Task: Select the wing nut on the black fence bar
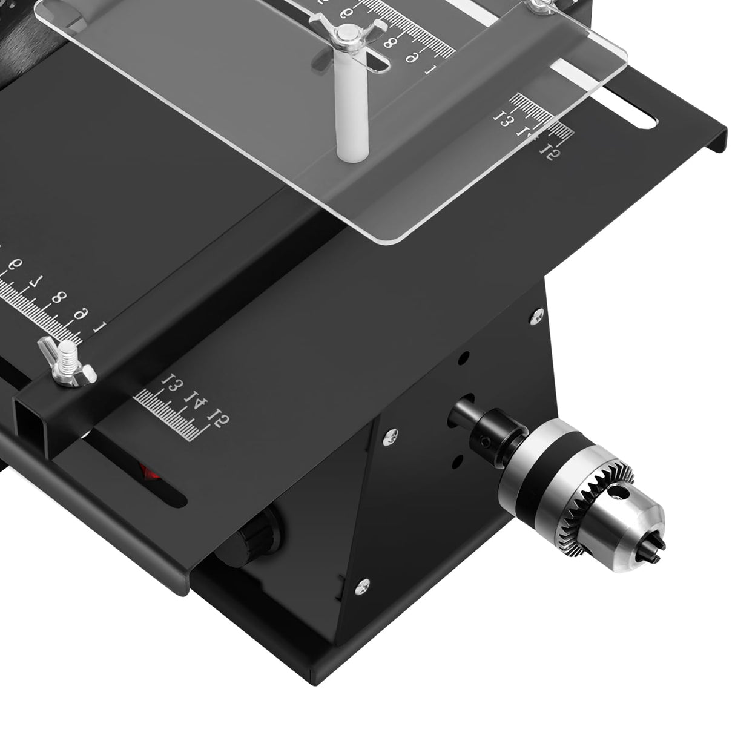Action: pyautogui.click(x=66, y=364)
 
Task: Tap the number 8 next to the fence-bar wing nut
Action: pyautogui.click(x=59, y=297)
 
